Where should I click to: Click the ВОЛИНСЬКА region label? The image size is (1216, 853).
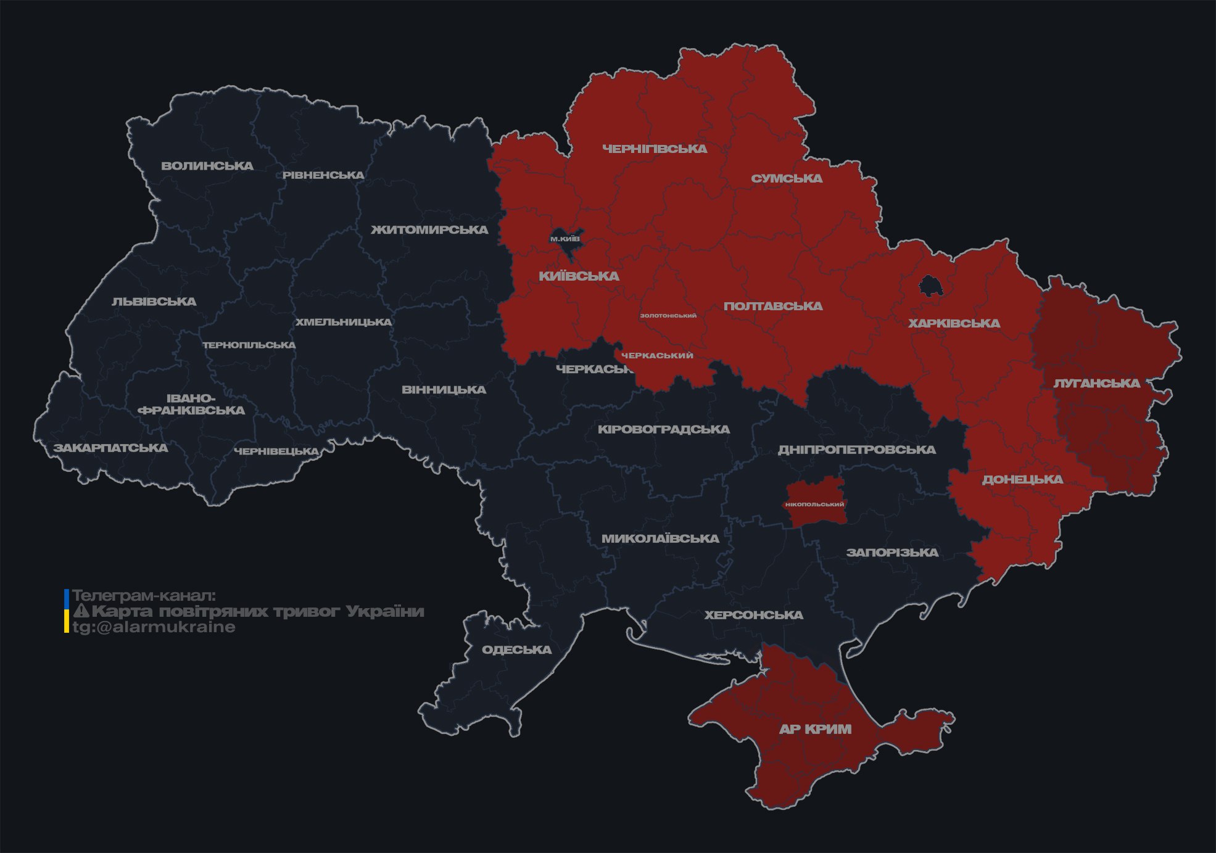207,166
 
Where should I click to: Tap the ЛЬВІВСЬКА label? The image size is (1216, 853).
154,302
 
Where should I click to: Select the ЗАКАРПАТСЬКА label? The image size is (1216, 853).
111,448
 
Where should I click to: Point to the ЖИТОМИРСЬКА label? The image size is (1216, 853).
429,230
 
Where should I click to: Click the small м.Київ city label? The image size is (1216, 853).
565,239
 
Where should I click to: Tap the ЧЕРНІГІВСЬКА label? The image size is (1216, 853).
655,149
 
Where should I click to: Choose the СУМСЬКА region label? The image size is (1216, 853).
787,178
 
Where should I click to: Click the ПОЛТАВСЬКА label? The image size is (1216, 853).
773,306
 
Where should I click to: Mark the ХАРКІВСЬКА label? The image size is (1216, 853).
954,323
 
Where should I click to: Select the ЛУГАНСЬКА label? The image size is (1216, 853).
1096,383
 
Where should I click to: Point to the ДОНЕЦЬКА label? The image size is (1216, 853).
1022,479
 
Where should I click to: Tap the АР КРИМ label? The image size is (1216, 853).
815,729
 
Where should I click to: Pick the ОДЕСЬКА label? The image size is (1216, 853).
516,649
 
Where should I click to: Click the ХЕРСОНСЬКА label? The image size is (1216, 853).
753,615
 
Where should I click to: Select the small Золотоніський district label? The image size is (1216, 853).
668,316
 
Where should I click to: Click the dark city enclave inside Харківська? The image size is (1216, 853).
929,286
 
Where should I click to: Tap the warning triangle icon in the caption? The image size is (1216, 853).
81,611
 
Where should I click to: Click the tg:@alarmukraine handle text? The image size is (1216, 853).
154,627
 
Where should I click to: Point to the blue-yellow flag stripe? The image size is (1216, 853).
67,611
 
